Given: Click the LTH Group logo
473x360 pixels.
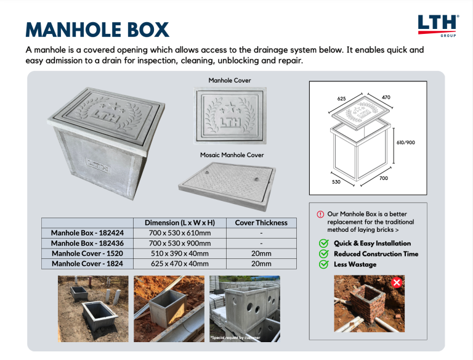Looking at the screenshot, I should pyautogui.click(x=438, y=25).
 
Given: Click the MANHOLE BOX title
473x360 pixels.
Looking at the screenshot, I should pyautogui.click(x=97, y=29).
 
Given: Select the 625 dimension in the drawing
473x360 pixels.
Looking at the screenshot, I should pyautogui.click(x=342, y=98).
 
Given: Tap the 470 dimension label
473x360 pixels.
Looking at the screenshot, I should pyautogui.click(x=386, y=97).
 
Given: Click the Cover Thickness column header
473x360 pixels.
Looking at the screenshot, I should pyautogui.click(x=261, y=223).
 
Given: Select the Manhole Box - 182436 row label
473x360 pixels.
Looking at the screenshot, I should pyautogui.click(x=87, y=243).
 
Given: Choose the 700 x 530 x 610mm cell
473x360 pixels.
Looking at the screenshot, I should pyautogui.click(x=179, y=233).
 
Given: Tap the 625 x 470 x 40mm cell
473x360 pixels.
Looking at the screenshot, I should pyautogui.click(x=179, y=264).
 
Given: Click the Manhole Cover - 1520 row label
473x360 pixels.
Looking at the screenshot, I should pyautogui.click(x=87, y=253).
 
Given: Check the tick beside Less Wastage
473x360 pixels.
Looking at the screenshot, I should pyautogui.click(x=323, y=264).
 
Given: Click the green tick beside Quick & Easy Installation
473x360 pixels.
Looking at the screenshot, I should pyautogui.click(x=323, y=243).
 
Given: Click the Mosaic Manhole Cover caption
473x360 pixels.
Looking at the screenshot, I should pyautogui.click(x=232, y=155).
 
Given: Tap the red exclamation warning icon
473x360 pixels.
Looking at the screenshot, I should pyautogui.click(x=320, y=214).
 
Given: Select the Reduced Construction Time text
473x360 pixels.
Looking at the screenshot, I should pyautogui.click(x=376, y=254).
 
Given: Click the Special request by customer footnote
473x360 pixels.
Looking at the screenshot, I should pyautogui.click(x=235, y=337).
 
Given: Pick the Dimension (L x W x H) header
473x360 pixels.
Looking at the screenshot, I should pyautogui.click(x=179, y=223).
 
